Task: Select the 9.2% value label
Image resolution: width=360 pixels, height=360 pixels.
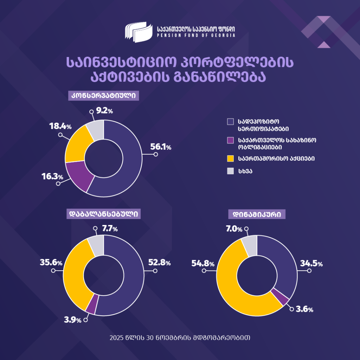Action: tap(104, 111)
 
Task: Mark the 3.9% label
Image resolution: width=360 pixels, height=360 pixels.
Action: tap(73, 320)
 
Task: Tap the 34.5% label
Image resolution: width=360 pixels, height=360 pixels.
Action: tap(311, 263)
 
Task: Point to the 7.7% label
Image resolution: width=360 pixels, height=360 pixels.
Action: tap(110, 229)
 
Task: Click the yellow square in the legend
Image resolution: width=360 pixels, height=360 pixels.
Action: tap(230, 159)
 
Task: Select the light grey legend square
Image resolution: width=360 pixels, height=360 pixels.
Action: tap(230, 171)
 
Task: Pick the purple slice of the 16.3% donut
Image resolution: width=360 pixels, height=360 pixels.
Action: tap(78, 176)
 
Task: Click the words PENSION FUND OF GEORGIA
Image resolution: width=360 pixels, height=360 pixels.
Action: tap(196, 36)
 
